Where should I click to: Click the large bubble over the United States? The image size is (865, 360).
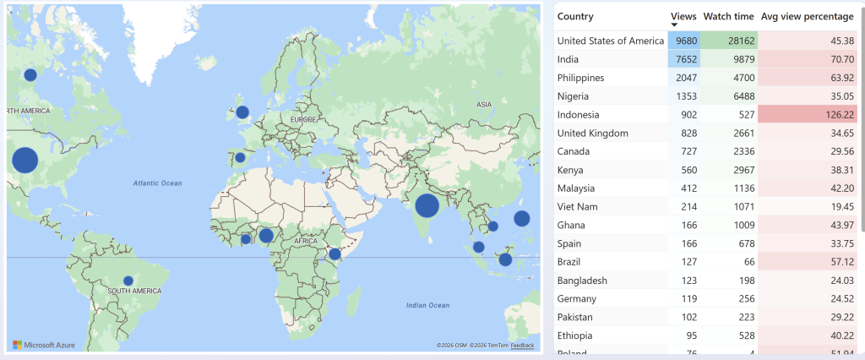tap(24, 160)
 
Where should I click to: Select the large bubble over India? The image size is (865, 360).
tap(427, 205)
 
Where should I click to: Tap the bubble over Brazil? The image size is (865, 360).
tap(128, 281)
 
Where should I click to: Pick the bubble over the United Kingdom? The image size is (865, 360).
tap(242, 112)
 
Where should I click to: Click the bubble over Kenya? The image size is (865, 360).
tap(335, 254)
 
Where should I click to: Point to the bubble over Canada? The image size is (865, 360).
tap(30, 74)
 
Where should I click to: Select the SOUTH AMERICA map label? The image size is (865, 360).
tap(134, 291)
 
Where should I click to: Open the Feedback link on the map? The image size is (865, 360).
tap(522, 346)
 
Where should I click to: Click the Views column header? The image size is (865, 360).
tap(683, 16)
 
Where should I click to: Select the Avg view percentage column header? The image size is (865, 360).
tap(806, 16)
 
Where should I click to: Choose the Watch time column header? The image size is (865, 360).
tap(728, 16)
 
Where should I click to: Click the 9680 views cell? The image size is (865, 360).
tap(684, 41)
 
